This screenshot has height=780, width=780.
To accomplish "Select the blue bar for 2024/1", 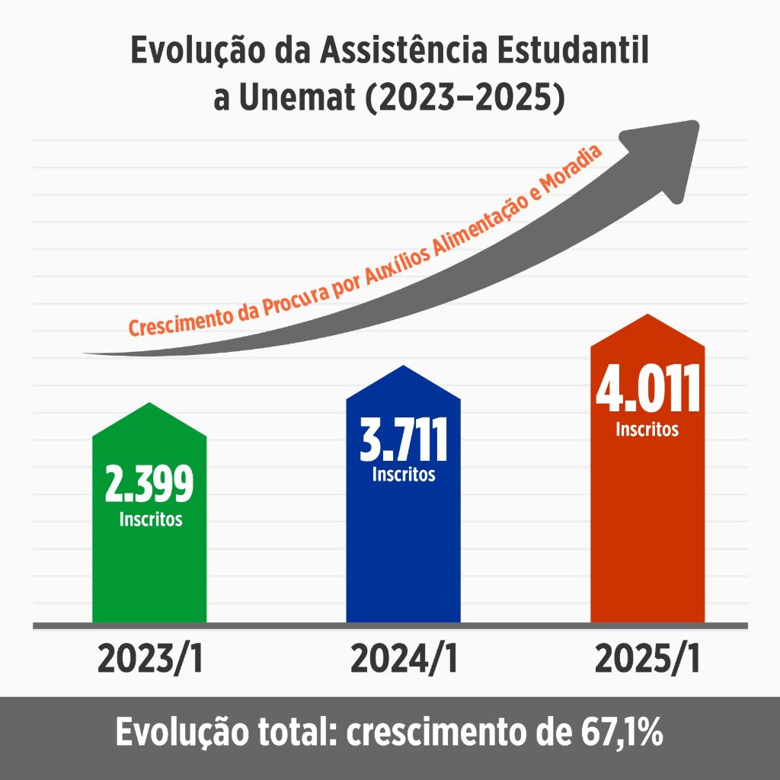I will (403, 548).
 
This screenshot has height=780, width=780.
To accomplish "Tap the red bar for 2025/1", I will (647, 533).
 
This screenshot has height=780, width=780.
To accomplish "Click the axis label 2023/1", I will (151, 660).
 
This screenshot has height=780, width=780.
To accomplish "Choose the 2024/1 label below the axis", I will (404, 660).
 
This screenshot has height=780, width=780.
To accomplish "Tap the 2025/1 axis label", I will (648, 660).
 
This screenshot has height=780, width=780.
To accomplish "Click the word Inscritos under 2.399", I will (151, 520).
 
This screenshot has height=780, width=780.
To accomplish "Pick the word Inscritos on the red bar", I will (647, 430).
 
